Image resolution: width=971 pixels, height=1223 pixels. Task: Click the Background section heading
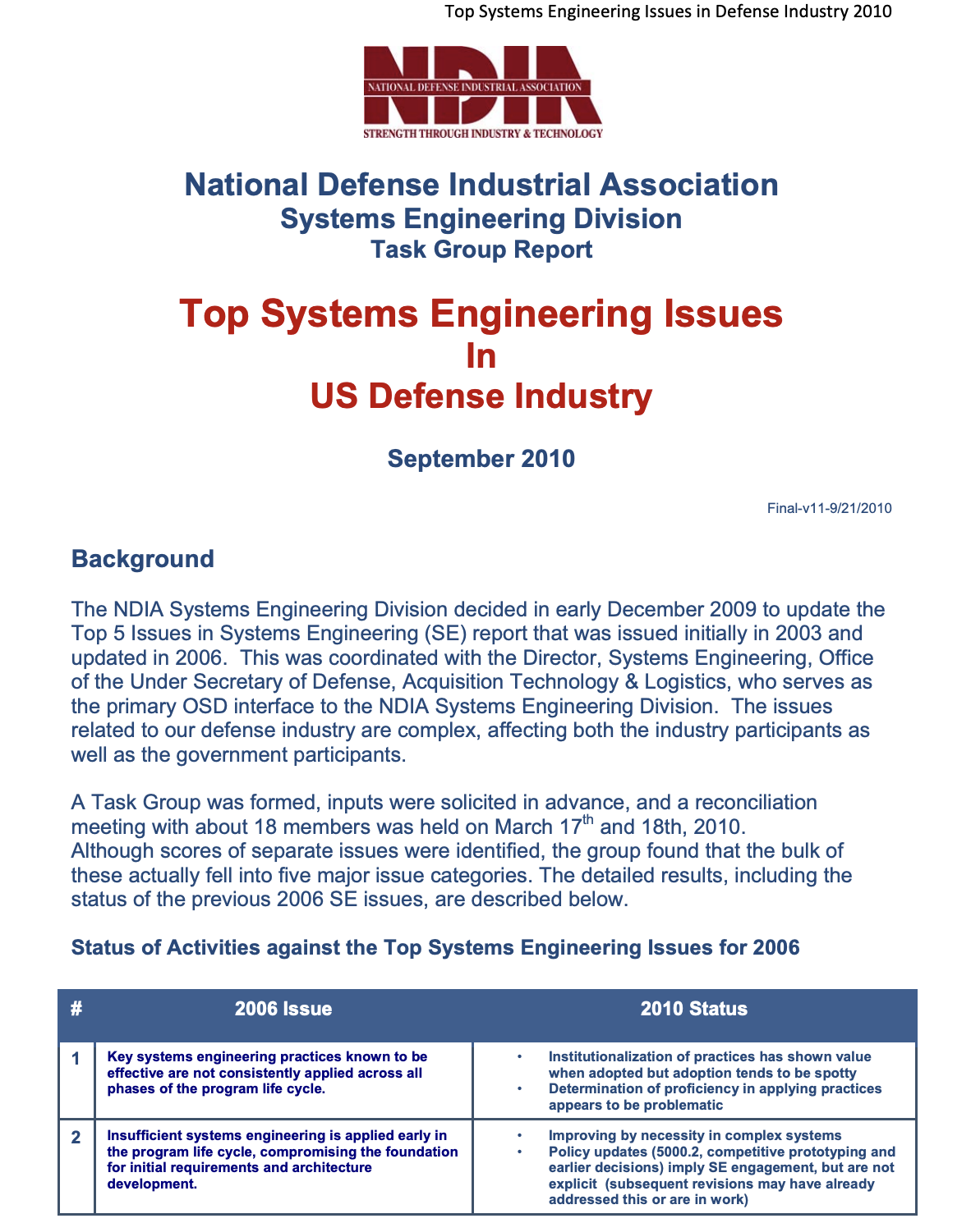(142, 559)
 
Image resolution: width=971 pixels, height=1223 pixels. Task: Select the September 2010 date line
(481, 458)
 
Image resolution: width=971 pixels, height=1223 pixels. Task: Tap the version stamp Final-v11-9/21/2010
(829, 508)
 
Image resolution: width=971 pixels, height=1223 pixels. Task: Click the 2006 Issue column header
(283, 1009)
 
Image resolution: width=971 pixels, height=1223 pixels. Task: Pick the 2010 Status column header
(693, 1009)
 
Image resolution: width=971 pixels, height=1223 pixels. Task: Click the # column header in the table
(76, 1009)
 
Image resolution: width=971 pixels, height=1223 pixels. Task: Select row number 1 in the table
(76, 1059)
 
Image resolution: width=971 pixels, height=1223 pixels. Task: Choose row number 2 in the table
(76, 1138)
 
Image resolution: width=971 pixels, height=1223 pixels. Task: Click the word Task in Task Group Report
(398, 250)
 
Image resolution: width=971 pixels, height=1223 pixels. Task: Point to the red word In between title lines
(481, 355)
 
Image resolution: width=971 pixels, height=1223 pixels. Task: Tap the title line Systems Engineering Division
(481, 219)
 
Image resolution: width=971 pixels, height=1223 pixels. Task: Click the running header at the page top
(667, 11)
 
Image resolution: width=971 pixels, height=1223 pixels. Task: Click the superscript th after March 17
(587, 820)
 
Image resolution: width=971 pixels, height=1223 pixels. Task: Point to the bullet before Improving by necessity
(519, 1136)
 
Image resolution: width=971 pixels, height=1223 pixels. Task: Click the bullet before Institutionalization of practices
(519, 1057)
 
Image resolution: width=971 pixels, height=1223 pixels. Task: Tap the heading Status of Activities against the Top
(435, 948)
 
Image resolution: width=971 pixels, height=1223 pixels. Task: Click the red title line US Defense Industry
(481, 396)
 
